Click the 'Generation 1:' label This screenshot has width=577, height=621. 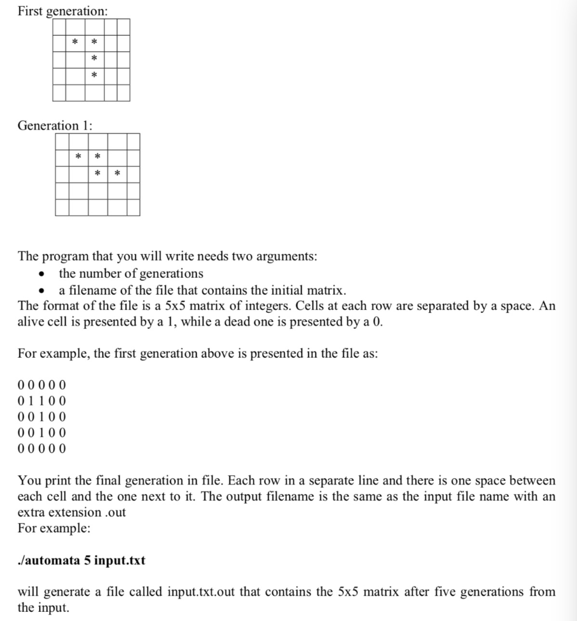55,126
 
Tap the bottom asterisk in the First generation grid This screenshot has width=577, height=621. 93,76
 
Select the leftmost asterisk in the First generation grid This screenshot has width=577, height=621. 74,42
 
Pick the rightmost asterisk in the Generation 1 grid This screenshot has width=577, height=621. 118,175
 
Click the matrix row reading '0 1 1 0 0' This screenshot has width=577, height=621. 42,401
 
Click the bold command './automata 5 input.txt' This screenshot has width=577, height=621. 81,560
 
